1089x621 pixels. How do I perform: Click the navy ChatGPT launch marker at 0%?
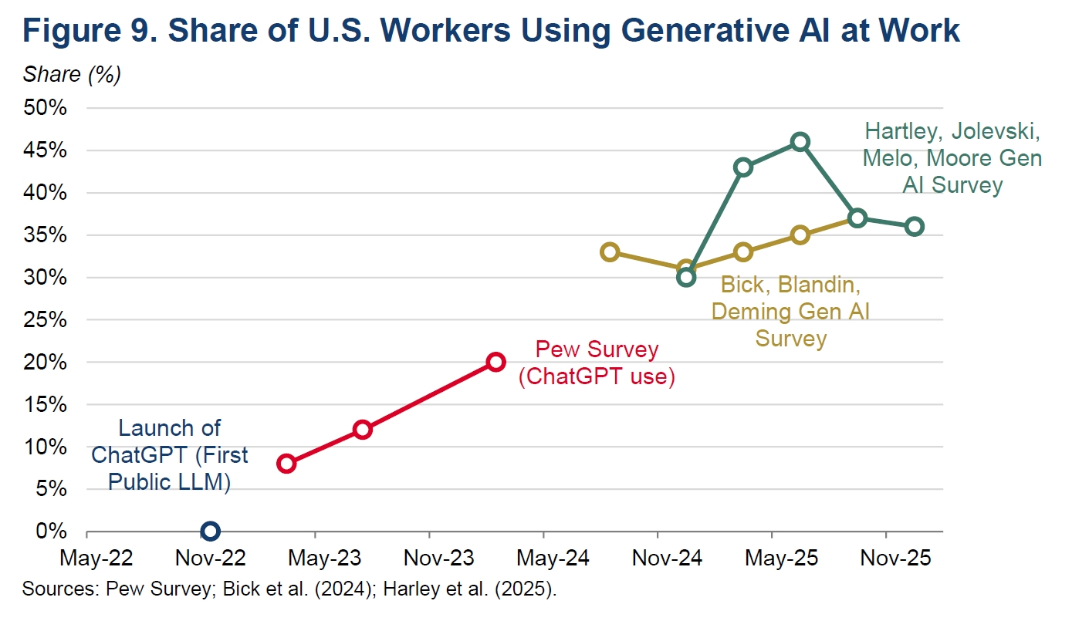pos(210,531)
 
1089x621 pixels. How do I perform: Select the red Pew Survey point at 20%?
pos(495,362)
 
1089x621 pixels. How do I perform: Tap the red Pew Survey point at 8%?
pos(286,463)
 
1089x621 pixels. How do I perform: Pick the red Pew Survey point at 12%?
pos(362,429)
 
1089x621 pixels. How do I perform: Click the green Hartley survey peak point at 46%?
pos(800,141)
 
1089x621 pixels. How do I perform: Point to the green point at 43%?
pos(743,167)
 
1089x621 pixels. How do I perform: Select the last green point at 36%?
pos(915,226)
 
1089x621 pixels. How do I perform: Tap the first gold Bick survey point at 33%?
pos(610,251)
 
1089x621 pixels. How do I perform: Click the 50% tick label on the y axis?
pos(46,108)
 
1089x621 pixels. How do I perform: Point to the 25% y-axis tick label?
pos(46,319)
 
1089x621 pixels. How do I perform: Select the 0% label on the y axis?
pos(52,532)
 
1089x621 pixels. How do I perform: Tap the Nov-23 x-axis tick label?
pos(429,558)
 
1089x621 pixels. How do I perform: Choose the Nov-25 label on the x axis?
pos(886,558)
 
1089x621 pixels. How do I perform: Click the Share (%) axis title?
pos(72,74)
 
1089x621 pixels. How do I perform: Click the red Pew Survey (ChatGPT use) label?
pos(597,363)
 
